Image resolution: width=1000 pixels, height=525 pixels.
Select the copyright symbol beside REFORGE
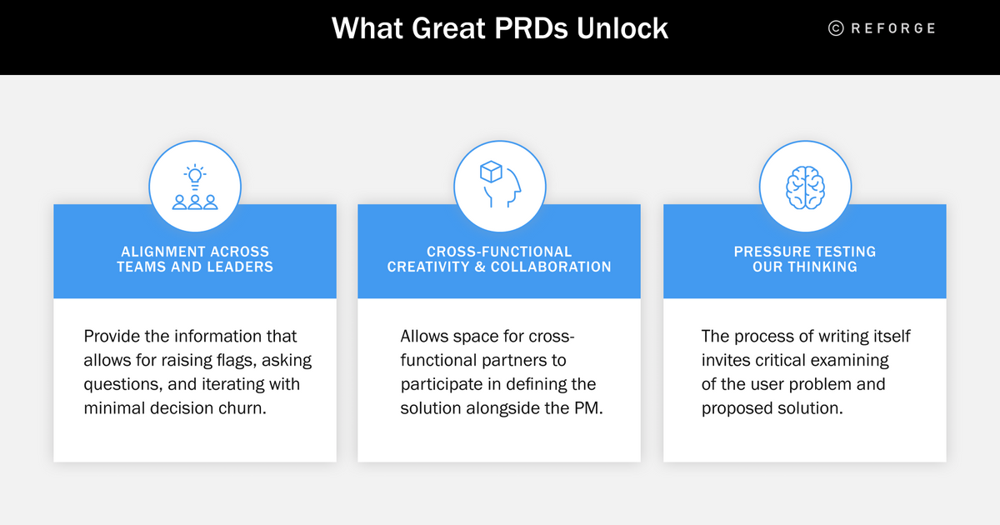click(x=836, y=28)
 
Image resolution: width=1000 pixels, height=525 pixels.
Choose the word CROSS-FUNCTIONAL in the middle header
click(x=499, y=252)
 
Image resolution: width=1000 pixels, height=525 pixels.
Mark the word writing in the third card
click(x=834, y=337)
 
